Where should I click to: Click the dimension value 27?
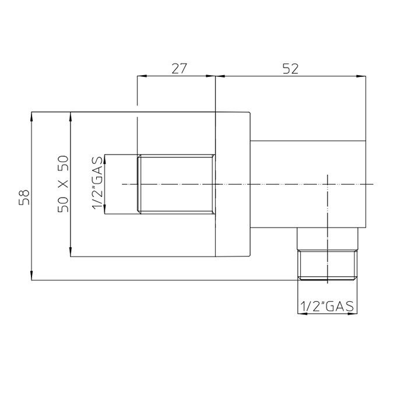pos(179,68)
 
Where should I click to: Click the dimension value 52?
pos(290,68)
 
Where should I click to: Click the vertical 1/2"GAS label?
pos(98,184)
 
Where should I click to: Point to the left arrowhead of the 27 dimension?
pos(140,76)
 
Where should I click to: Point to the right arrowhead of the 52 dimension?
pos(362,76)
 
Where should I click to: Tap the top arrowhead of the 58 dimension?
pos(32,115)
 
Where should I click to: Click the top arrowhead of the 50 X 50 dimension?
pos(71,115)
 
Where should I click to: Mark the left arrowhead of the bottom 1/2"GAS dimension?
pos(301,314)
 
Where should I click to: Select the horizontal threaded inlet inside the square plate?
pos(176,184)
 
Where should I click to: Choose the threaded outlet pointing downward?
pos(327,265)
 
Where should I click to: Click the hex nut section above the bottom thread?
pos(327,239)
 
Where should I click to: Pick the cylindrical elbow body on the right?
pos(309,184)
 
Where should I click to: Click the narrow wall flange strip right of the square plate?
pos(233,184)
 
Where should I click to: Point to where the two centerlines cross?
pos(328,184)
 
